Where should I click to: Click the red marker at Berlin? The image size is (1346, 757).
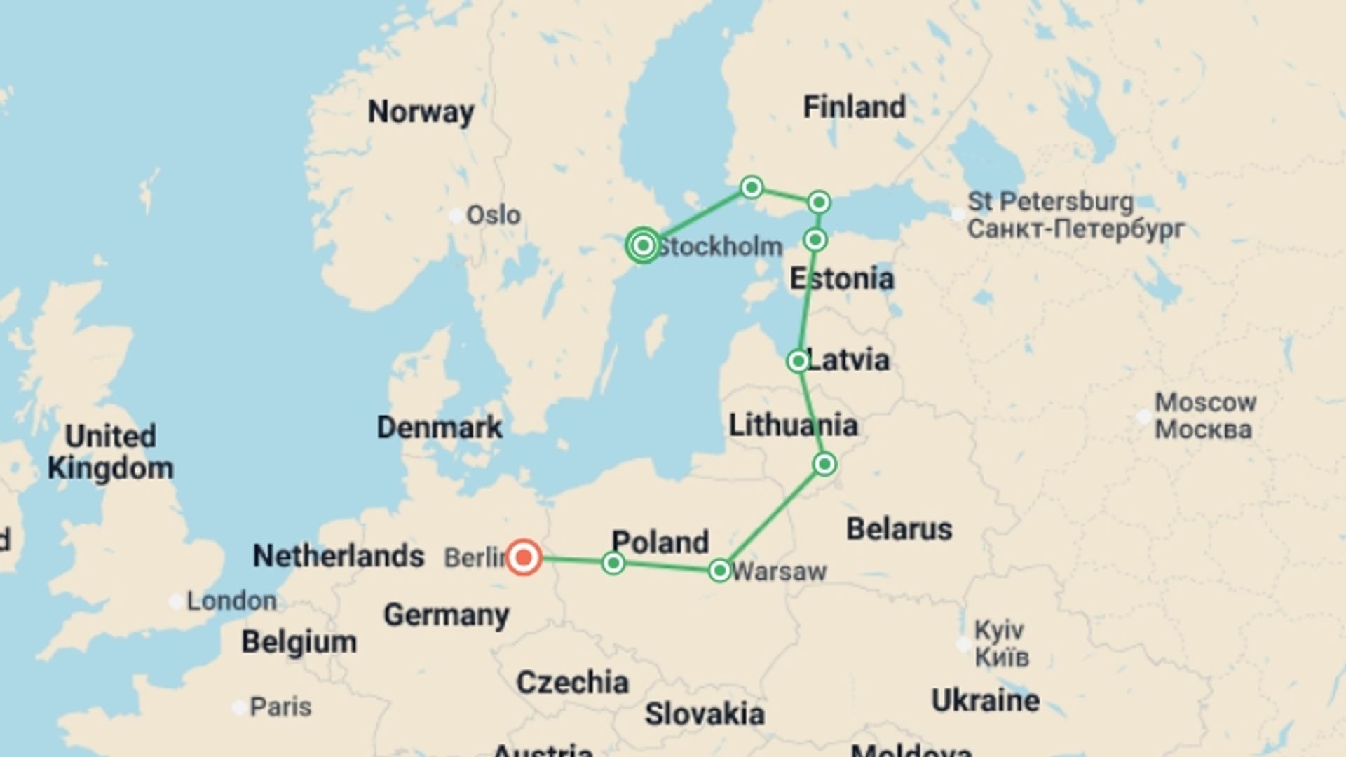[x=524, y=558]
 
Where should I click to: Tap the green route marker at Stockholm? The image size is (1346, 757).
[x=643, y=245]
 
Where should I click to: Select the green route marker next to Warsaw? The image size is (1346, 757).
[x=719, y=571]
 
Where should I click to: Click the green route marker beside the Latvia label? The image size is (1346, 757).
[x=798, y=362]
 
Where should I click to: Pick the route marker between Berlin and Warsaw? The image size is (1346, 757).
[x=613, y=563]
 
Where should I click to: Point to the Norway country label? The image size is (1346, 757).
[x=421, y=111]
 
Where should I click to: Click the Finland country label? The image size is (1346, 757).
[x=854, y=107]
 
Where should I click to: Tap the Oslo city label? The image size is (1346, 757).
[x=494, y=215]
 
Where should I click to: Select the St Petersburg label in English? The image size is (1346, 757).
[x=1050, y=202]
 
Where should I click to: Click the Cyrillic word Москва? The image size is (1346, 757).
[x=1203, y=429]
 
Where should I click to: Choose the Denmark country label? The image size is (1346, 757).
[x=440, y=427]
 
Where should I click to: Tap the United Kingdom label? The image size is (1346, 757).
[x=111, y=452]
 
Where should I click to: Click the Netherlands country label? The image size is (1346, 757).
[x=339, y=556]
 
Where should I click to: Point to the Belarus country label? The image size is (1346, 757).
[x=899, y=528]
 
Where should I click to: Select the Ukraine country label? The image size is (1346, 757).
[x=985, y=700]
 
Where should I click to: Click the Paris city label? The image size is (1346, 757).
[x=280, y=707]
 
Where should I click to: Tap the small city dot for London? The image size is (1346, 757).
[x=176, y=601]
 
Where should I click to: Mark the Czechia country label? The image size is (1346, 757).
[x=572, y=682]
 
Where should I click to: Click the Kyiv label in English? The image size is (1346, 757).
[x=999, y=629]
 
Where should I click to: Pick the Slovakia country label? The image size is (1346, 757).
[x=705, y=714]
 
